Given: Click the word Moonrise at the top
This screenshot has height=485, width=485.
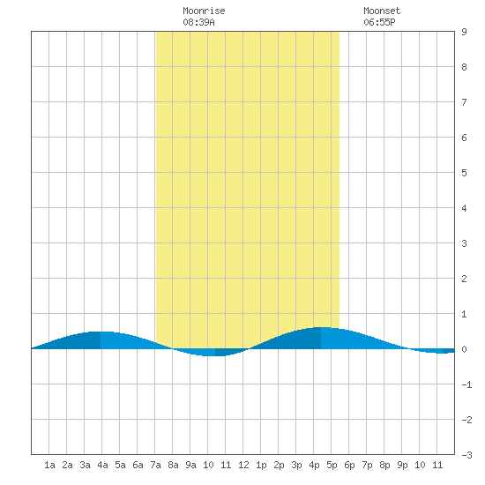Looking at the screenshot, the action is [204, 11].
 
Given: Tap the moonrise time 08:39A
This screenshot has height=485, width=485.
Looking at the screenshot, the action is [198, 22].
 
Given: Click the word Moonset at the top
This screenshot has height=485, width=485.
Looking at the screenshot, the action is [382, 11].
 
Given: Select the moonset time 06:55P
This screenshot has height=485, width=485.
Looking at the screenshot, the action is [379, 22].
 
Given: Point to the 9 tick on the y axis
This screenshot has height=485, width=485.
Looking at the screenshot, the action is [464, 32].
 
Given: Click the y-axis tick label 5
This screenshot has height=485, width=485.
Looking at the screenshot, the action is [464, 173].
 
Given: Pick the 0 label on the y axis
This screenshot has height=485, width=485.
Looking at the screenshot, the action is [464, 349].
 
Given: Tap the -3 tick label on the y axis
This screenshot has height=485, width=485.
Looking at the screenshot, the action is [466, 455].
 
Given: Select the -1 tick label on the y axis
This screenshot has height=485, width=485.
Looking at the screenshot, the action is [466, 384].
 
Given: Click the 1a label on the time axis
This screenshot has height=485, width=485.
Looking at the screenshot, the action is [49, 465].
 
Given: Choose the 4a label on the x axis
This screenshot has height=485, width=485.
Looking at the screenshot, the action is [102, 465].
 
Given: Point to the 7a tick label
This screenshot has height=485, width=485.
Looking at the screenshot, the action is [155, 465].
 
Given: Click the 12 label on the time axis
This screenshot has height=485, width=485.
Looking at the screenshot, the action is [243, 465].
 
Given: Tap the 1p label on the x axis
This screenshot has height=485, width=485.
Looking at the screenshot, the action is [261, 465].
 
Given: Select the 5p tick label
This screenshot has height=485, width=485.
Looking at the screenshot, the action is [332, 465].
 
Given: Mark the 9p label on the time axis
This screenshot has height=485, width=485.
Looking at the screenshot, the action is [402, 465].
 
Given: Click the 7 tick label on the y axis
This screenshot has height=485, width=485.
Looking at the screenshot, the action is [464, 102].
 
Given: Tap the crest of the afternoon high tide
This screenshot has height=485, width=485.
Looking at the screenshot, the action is [321, 327].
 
